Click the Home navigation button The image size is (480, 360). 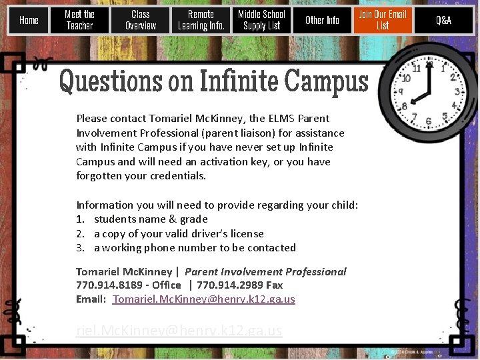[x=29, y=20]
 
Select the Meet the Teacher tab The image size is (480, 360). [x=79, y=20]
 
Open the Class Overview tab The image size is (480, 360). [x=140, y=20]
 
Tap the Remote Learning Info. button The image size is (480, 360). [x=201, y=20]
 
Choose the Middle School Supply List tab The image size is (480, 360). [x=261, y=20]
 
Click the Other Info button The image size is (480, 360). [x=322, y=20]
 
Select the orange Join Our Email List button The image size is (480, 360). [x=383, y=20]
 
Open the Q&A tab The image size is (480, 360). [x=443, y=20]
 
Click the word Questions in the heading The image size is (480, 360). [x=110, y=81]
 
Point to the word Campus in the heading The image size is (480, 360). [x=326, y=81]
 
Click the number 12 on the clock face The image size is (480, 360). [x=430, y=65]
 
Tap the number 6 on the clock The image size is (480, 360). [x=428, y=121]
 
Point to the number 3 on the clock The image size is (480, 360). [x=457, y=92]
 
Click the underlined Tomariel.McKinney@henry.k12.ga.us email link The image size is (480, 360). [x=204, y=299]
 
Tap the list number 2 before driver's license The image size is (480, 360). [x=79, y=234]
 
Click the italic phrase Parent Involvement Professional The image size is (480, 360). [x=265, y=271]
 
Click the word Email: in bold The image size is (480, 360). [x=91, y=299]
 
